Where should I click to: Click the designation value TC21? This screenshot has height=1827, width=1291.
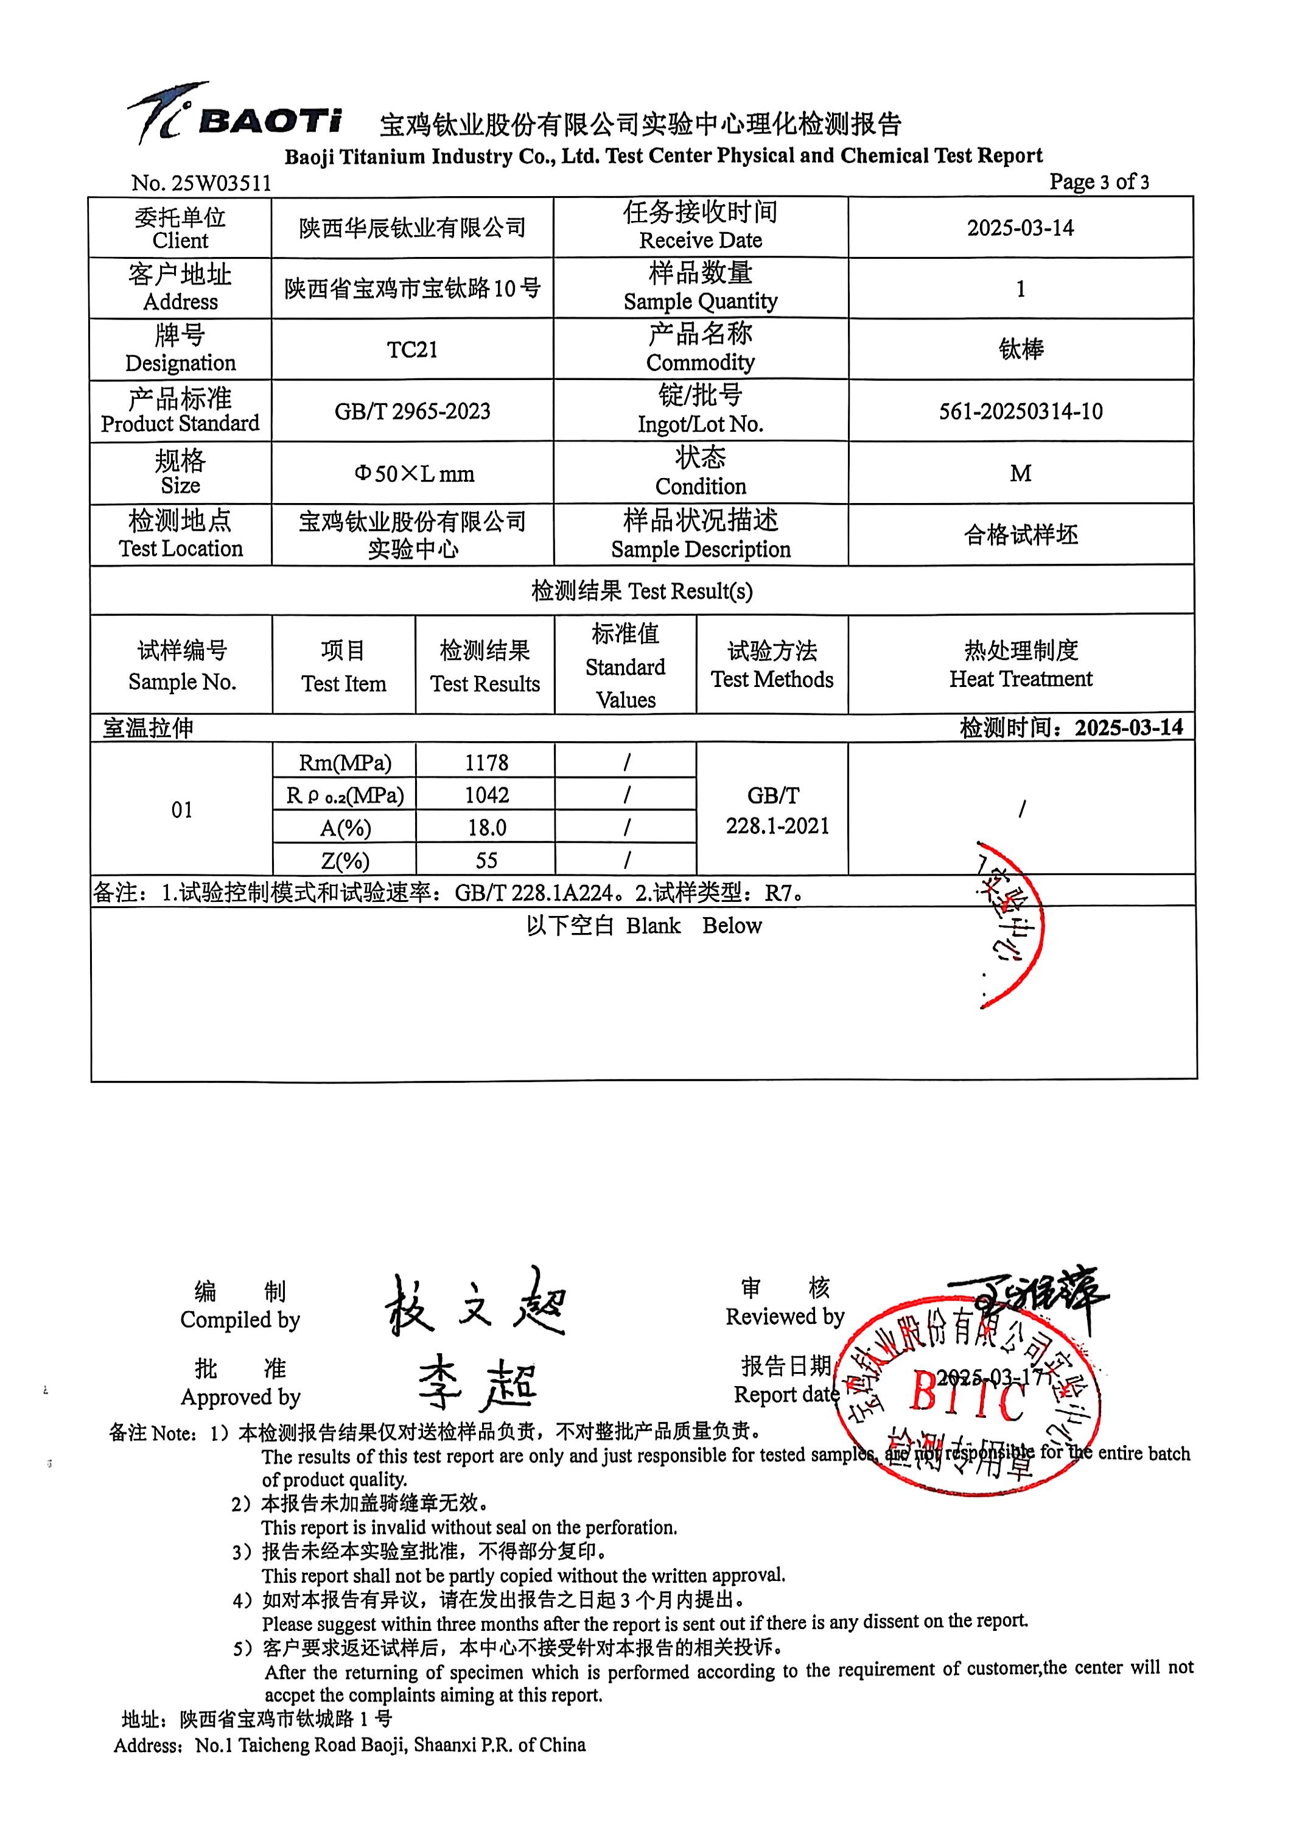click(x=412, y=350)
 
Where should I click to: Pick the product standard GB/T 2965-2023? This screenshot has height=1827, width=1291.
click(x=412, y=412)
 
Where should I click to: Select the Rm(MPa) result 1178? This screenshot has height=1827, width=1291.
click(x=486, y=762)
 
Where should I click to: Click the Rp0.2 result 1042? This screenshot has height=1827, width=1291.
click(x=486, y=795)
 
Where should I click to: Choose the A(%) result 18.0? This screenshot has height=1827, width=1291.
click(x=486, y=828)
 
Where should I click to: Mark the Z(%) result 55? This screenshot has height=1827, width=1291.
click(x=486, y=860)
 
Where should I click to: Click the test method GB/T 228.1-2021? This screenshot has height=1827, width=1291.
click(x=775, y=810)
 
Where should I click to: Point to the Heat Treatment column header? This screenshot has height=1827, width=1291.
click(x=1021, y=664)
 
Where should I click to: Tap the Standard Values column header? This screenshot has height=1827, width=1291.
click(x=625, y=667)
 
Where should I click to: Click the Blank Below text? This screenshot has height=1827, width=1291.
click(x=643, y=926)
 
